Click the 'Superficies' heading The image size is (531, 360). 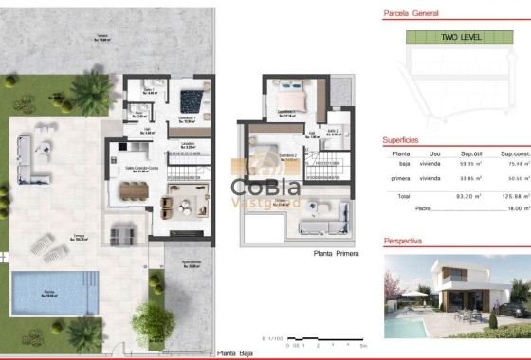click(401, 140)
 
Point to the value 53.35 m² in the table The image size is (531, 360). click(467, 163)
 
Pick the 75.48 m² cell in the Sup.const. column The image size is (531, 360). click(514, 163)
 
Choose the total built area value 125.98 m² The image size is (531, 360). click(514, 196)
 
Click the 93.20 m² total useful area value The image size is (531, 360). click(467, 196)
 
